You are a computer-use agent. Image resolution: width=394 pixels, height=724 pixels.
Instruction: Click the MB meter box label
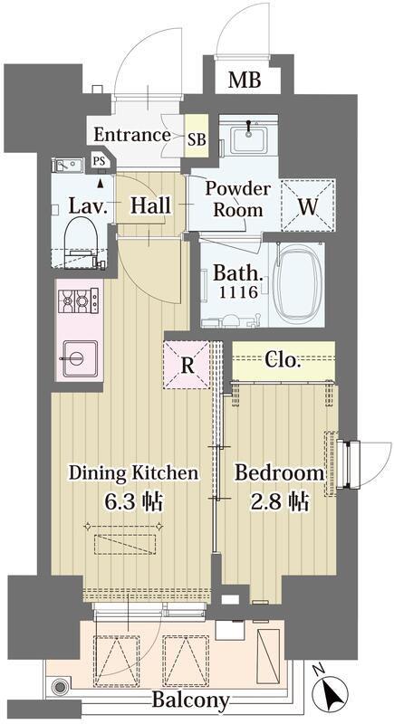245,81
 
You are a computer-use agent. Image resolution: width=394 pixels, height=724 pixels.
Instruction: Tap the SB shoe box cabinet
197,137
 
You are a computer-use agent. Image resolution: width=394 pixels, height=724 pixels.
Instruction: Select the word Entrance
132,135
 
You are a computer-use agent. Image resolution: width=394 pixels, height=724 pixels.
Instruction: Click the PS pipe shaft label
99,161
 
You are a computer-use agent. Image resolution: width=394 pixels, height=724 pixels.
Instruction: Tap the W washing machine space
308,205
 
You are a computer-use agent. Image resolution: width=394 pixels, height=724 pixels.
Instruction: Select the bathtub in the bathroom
295,283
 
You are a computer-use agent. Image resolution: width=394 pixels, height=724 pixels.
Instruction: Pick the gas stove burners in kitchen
78,300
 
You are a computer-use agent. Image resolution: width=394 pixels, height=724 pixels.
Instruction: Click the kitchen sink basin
80,358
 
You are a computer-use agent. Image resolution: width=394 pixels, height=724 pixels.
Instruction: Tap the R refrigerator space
187,365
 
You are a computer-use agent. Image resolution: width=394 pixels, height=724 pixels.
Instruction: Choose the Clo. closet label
283,360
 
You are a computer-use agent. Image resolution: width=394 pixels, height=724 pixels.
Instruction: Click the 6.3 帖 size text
133,501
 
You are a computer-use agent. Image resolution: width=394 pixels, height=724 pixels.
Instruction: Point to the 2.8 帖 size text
279,501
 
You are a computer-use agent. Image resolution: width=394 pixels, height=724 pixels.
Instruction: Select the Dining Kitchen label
133,473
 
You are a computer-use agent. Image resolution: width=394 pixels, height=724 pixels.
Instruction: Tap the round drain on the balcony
60,687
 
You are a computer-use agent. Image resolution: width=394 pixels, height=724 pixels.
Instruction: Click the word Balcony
190,700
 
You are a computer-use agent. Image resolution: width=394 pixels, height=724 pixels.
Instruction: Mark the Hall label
150,205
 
